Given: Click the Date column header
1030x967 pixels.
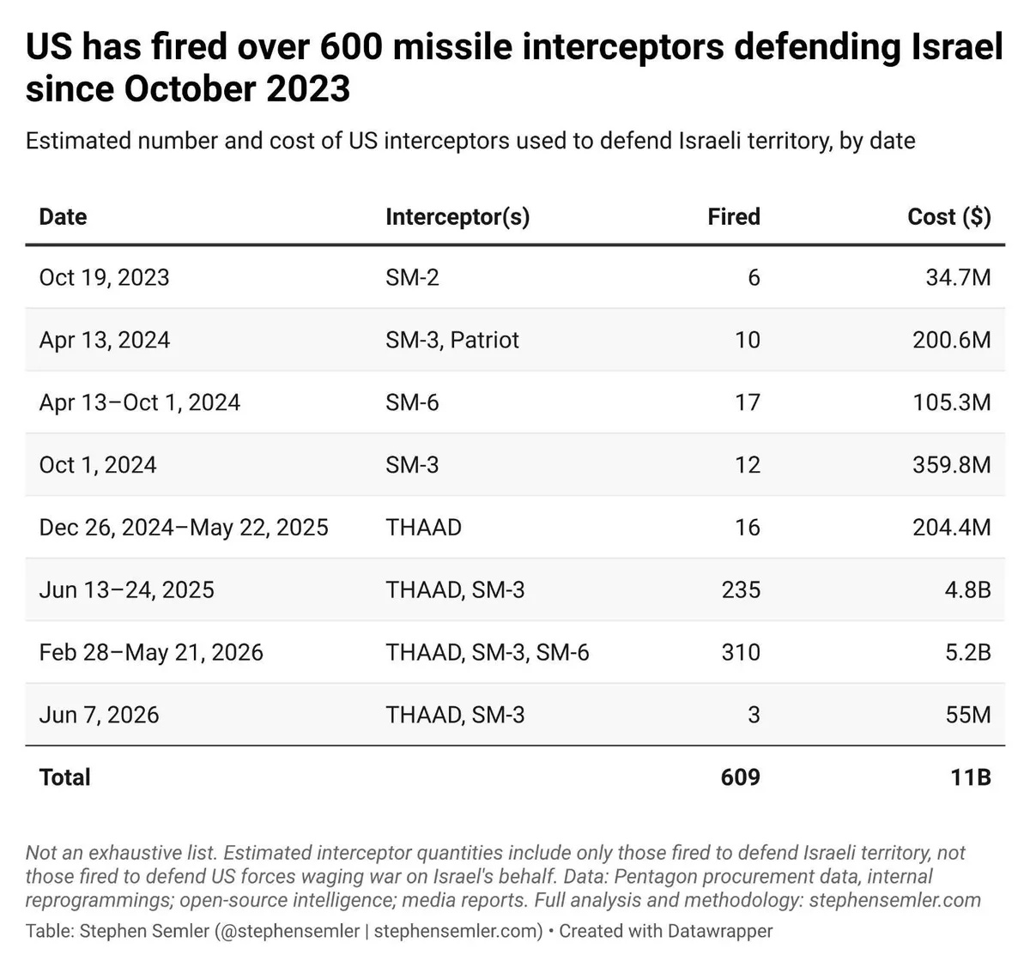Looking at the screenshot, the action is (63, 217).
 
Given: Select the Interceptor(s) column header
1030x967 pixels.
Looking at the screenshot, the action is (457, 217).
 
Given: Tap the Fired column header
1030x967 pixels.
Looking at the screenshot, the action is (734, 217).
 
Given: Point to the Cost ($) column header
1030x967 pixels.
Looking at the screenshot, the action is (949, 217).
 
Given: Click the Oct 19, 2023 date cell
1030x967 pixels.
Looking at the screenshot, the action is (104, 278).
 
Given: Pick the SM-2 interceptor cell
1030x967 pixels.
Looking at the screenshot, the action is (412, 277).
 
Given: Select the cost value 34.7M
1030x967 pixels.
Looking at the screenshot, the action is (959, 277).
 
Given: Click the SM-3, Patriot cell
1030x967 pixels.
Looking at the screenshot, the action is (452, 340).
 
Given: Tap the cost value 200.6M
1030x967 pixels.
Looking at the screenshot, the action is (952, 340).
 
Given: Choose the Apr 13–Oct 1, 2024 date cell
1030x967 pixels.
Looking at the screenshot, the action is (140, 403).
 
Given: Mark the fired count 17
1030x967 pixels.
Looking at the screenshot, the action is (748, 403).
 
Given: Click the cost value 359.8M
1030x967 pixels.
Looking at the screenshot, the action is (952, 465).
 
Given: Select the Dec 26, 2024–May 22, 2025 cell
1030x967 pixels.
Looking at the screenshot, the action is (185, 528).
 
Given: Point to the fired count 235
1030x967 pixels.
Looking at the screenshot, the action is (741, 590).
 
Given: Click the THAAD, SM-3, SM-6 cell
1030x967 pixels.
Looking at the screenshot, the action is (488, 653).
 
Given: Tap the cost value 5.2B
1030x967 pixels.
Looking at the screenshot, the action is (968, 653).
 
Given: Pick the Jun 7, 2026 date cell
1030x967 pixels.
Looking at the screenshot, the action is (99, 715).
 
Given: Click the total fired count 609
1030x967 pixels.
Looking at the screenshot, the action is (741, 777).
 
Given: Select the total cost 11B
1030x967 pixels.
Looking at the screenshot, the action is (971, 777).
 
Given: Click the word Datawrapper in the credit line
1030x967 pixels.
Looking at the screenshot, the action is (720, 931).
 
